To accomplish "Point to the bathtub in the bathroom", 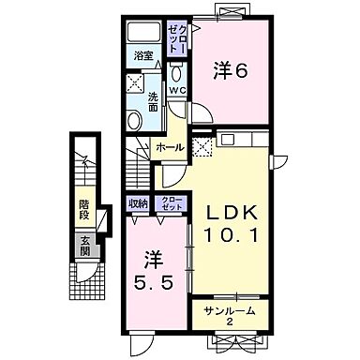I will (x=144, y=32).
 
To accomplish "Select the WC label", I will (x=177, y=90).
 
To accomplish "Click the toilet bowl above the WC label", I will (x=177, y=71).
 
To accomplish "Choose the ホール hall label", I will (x=169, y=148).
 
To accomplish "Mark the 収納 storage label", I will (x=139, y=202).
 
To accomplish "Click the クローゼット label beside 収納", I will (x=169, y=202).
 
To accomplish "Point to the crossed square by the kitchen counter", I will (x=202, y=146).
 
